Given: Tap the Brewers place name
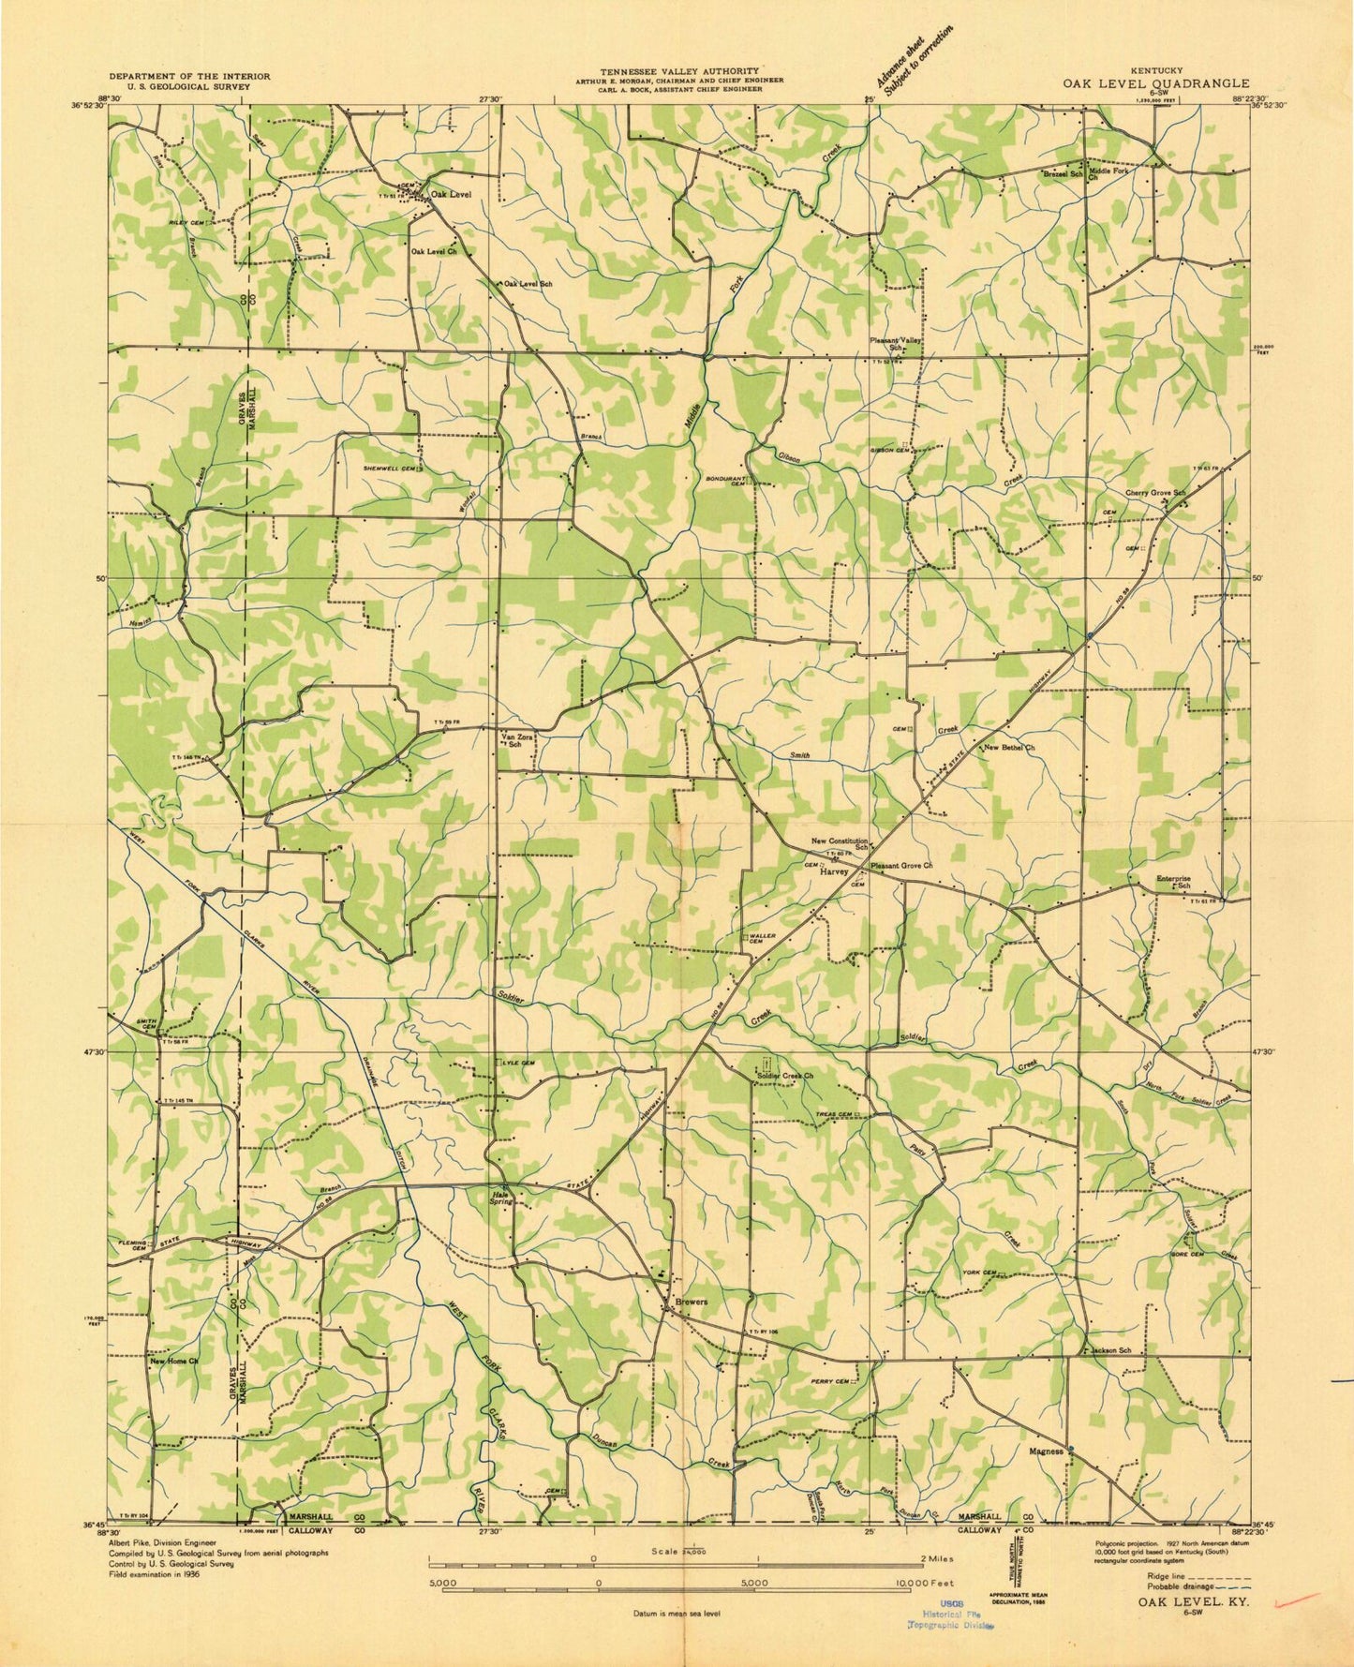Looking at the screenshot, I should (690, 1302).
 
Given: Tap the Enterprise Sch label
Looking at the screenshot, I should (1173, 881).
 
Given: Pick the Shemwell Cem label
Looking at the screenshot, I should (390, 469).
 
